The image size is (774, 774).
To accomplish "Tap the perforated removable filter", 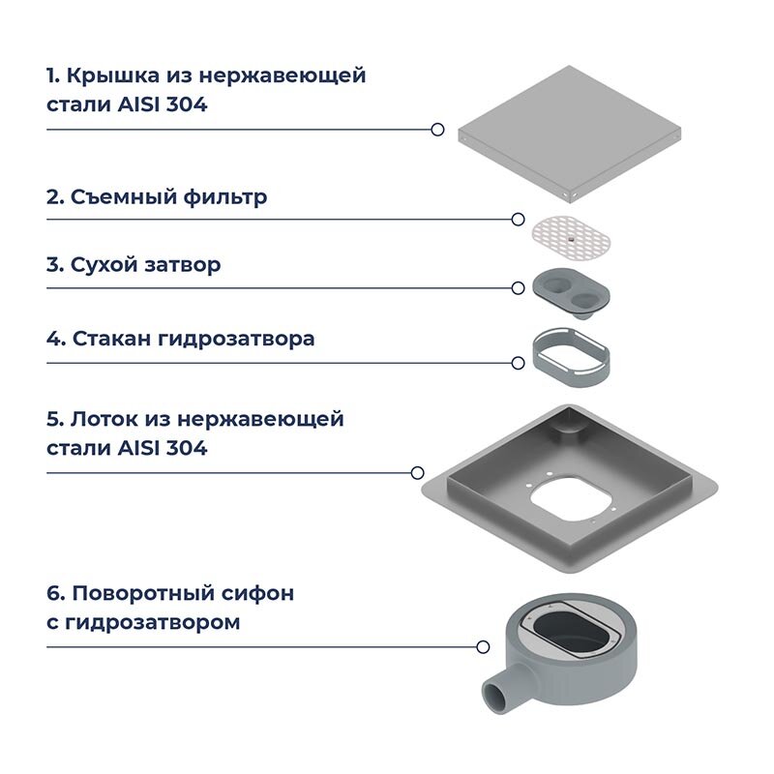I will [x=570, y=235].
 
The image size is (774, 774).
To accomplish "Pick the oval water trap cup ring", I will [x=570, y=352].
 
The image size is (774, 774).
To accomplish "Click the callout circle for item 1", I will [x=437, y=129].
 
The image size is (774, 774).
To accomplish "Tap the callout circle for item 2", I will [x=520, y=220].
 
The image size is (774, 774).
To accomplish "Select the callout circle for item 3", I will [x=519, y=287].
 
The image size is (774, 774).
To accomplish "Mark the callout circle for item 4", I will [x=519, y=363].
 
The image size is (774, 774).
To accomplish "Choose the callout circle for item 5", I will [x=418, y=473].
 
